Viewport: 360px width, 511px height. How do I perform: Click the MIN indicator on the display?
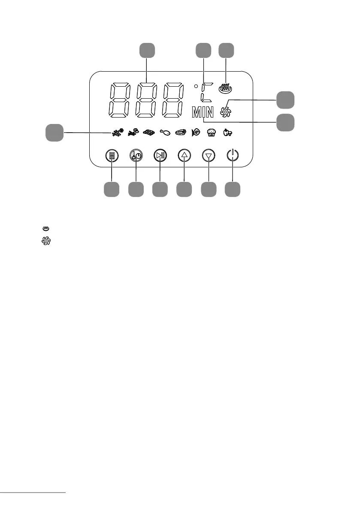(x=203, y=113)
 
